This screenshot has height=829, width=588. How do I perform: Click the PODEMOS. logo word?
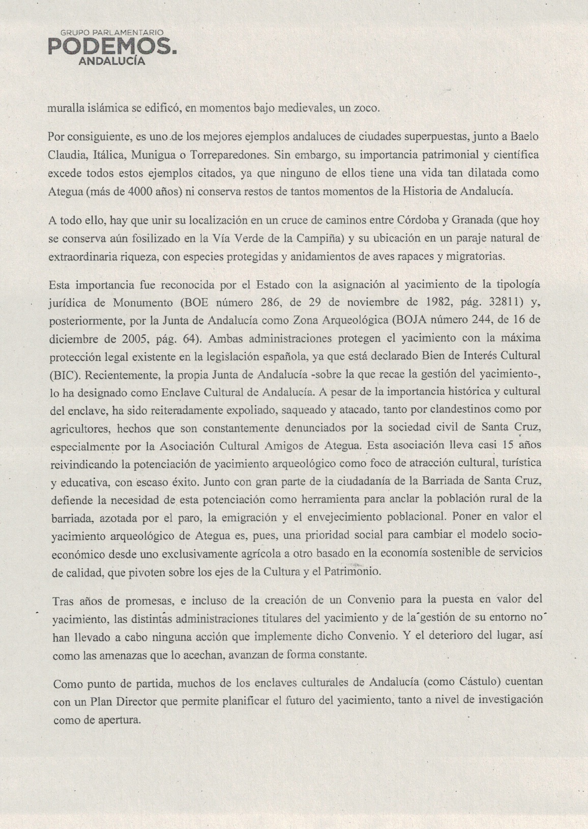pos(112,47)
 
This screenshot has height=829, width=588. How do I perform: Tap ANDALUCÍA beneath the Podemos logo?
pos(112,62)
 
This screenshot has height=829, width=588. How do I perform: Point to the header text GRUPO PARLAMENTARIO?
pos(112,33)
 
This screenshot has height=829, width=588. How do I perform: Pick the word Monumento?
pos(143,302)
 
